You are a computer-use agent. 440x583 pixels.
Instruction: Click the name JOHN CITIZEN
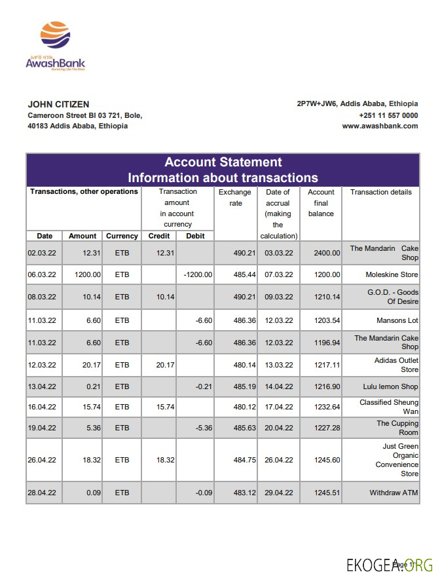[x=58, y=104]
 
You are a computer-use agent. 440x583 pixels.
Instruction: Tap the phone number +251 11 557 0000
[x=388, y=115]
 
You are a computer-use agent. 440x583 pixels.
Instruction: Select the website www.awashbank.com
[x=380, y=126]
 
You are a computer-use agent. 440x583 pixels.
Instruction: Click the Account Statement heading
[x=223, y=162]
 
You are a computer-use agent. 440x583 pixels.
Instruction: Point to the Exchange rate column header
[x=234, y=197]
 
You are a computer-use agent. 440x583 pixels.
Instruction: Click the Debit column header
[x=195, y=236]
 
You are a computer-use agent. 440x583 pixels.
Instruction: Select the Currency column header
[x=122, y=236]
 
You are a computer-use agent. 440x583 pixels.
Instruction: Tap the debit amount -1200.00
[x=198, y=274]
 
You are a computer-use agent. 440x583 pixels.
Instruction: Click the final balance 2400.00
[x=327, y=253]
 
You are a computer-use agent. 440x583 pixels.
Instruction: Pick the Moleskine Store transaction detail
[x=392, y=274]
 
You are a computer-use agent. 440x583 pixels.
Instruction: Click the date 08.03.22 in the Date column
[x=41, y=297]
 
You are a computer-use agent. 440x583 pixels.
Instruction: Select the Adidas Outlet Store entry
[x=396, y=365]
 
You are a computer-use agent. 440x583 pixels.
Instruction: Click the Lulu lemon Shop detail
[x=390, y=386]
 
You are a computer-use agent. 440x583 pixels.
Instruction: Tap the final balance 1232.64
[x=327, y=407]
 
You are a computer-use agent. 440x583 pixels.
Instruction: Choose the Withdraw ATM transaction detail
[x=394, y=493]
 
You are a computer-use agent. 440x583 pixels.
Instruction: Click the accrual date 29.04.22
[x=279, y=493]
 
